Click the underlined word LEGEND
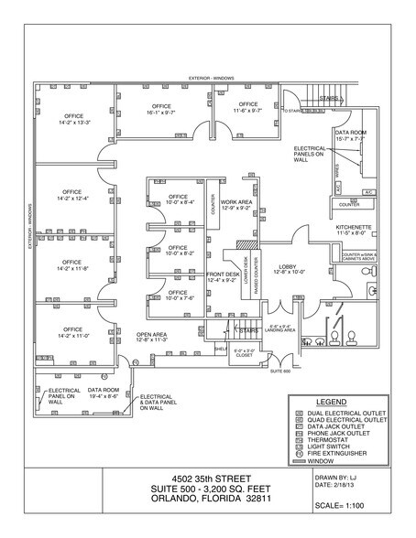click(x=331, y=402)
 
